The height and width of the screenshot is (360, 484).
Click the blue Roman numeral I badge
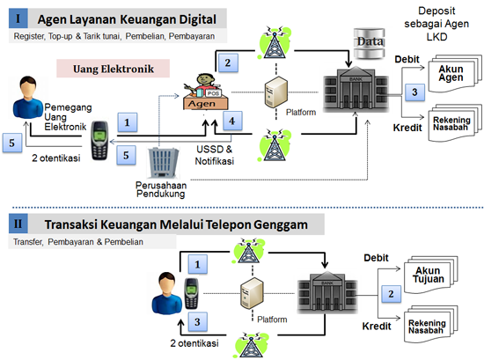point(18,18)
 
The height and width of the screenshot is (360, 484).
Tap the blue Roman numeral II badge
point(18,224)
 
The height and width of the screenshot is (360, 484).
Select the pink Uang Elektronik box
point(113,69)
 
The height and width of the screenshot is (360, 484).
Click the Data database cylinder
point(370,43)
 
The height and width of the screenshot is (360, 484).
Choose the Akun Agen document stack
point(455,73)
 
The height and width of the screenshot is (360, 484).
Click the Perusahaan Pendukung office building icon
point(163,163)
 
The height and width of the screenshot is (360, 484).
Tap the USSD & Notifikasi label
point(215,155)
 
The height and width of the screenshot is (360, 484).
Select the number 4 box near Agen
point(232,121)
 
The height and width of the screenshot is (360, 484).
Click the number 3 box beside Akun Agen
point(414,92)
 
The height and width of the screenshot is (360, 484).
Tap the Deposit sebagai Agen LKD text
point(436,24)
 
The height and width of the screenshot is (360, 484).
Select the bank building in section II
point(327,292)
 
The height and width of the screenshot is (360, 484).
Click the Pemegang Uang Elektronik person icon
point(28,98)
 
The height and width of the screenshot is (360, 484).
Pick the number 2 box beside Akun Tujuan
point(391,294)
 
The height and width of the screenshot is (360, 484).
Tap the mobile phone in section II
point(192,294)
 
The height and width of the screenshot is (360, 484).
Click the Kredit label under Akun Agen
point(407,128)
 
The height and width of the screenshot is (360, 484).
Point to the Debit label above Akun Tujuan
point(376,258)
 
